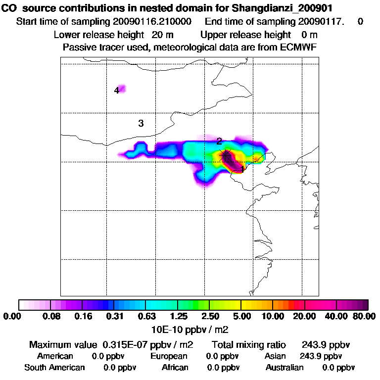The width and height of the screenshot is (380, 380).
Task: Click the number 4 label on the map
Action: click(x=117, y=91)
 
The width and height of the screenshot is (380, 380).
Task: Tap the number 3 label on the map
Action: click(x=141, y=123)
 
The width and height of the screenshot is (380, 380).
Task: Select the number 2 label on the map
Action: click(x=219, y=142)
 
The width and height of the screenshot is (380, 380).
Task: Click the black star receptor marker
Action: click(x=226, y=155)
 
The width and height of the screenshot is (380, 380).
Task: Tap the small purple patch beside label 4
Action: click(x=122, y=89)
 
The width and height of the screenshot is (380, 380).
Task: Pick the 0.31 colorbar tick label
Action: click(x=115, y=316)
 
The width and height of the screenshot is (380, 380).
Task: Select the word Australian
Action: click(x=285, y=368)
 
